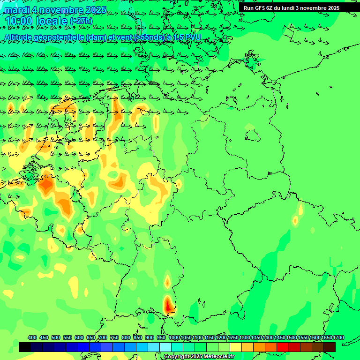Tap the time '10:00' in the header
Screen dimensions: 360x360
(19, 21)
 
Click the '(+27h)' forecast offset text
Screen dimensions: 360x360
(81, 21)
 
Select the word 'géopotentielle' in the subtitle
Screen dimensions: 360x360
(60, 37)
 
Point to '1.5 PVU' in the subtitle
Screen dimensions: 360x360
(187, 37)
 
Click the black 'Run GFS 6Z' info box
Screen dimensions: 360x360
(291, 8)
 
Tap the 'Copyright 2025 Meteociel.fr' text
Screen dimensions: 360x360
(199, 357)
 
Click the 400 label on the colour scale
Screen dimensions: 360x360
(32, 338)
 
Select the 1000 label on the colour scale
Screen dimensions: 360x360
(174, 338)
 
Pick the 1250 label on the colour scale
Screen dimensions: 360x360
(232, 338)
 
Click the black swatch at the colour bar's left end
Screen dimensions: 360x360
(25, 347)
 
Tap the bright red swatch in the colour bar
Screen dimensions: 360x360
(283, 347)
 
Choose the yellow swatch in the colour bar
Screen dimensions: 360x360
(236, 347)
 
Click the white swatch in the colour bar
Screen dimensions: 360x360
(165, 347)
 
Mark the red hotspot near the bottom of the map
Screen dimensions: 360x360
(169, 305)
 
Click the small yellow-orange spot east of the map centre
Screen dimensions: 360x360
(295, 220)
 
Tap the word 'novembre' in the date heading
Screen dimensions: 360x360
(59, 10)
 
